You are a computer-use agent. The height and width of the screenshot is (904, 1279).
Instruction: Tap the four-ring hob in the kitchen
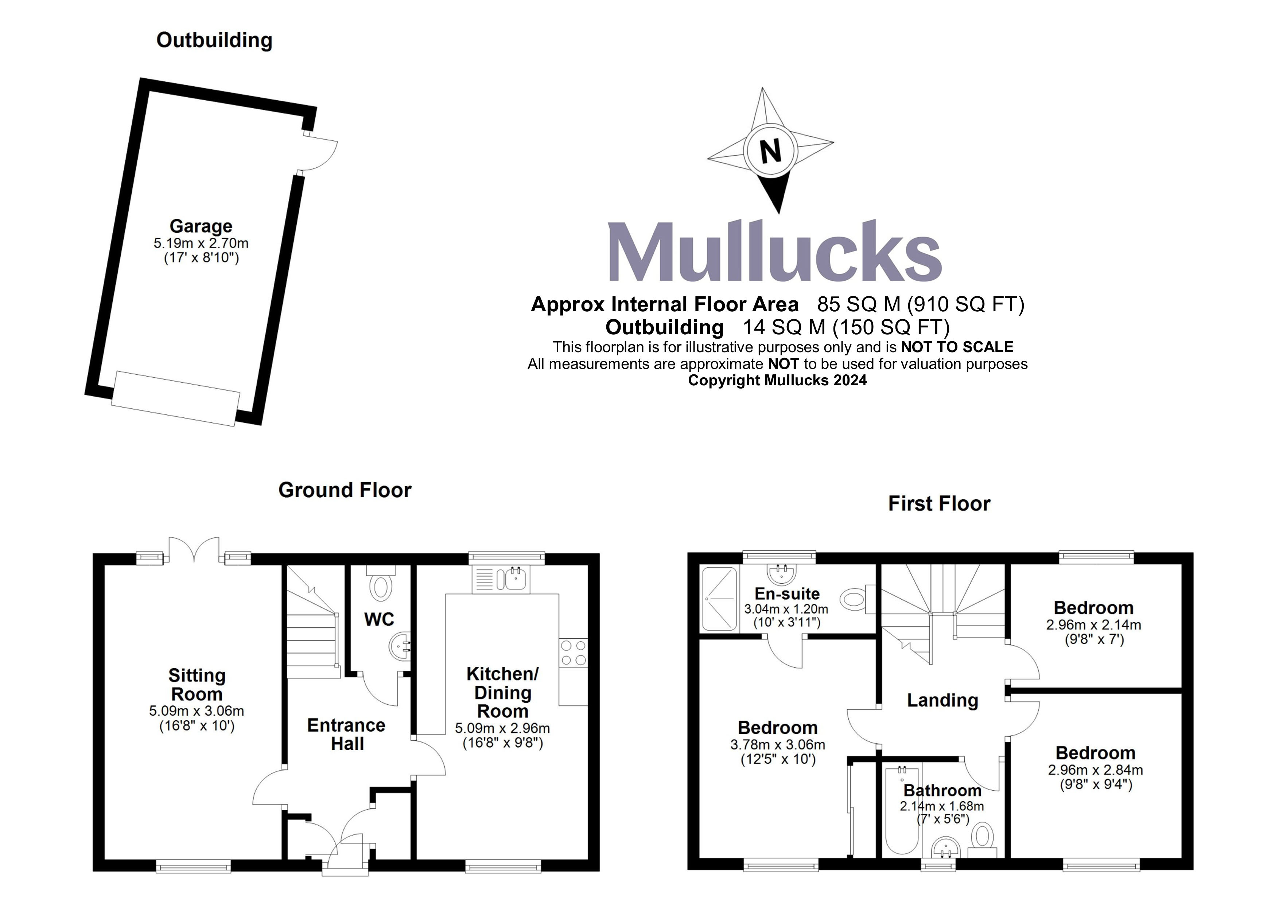click(x=573, y=653)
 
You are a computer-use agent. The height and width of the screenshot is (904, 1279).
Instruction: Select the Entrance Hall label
click(x=346, y=734)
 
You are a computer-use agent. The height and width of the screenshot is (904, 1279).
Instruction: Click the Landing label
click(x=942, y=700)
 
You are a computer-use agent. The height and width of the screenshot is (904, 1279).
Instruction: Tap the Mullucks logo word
click(x=774, y=252)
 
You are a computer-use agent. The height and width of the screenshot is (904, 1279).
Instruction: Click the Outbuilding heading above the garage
click(x=214, y=40)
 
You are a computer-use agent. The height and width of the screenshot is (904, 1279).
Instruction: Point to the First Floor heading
click(x=939, y=503)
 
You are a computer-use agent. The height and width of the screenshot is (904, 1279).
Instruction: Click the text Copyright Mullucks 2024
click(x=777, y=381)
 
